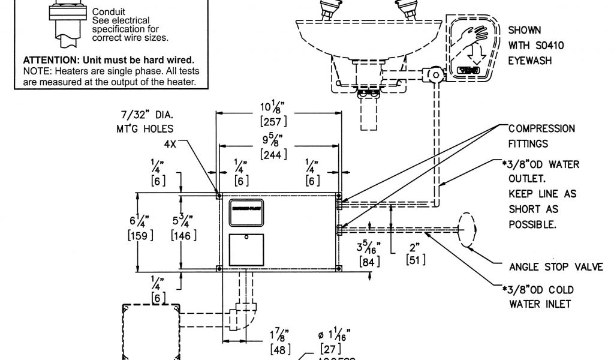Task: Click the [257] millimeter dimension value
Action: click(273, 122)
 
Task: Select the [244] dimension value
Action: click(273, 154)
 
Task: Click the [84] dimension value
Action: click(369, 261)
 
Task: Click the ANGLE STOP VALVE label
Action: click(556, 267)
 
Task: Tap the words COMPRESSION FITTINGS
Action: click(541, 136)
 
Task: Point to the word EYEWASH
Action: click(530, 61)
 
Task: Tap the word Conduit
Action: click(108, 11)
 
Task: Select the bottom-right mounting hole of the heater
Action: click(339, 267)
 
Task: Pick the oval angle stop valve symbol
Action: click(468, 229)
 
